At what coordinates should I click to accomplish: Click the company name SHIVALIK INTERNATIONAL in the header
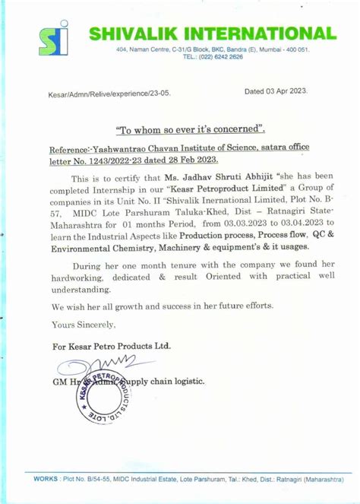[212, 34]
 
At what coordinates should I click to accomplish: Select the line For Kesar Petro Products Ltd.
[111, 346]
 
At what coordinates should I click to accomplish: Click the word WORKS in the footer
[46, 479]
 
